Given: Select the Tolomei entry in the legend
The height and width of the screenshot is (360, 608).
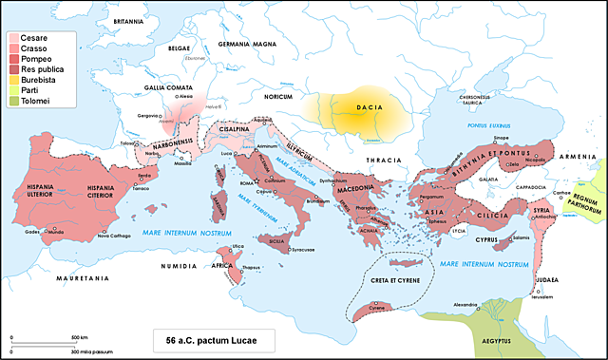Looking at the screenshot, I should tap(34, 100).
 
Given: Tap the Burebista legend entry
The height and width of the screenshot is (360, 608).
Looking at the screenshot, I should tap(39, 79).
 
